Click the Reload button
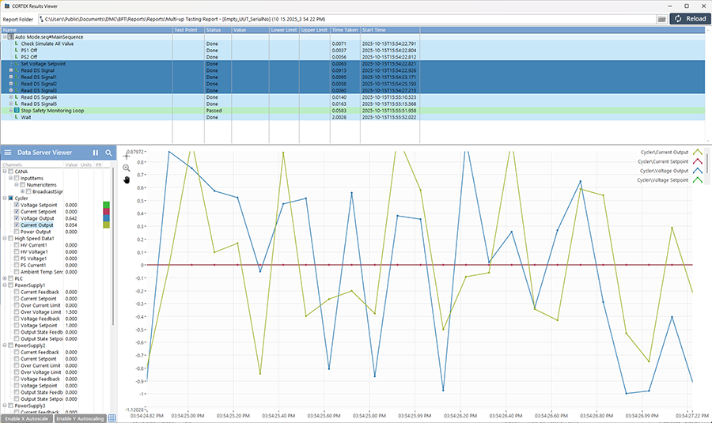click(x=689, y=18)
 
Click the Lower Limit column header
click(x=283, y=29)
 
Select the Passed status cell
click(x=214, y=111)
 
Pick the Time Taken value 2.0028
click(x=339, y=117)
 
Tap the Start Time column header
click(x=375, y=29)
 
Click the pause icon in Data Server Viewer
click(x=96, y=153)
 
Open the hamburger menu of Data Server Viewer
click(x=7, y=153)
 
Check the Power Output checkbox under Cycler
click(x=17, y=232)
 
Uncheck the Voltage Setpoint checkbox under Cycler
click(x=17, y=205)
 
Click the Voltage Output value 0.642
click(x=71, y=218)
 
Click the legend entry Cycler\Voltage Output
click(x=663, y=171)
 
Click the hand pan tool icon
click(x=127, y=179)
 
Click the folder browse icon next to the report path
click(x=661, y=18)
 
